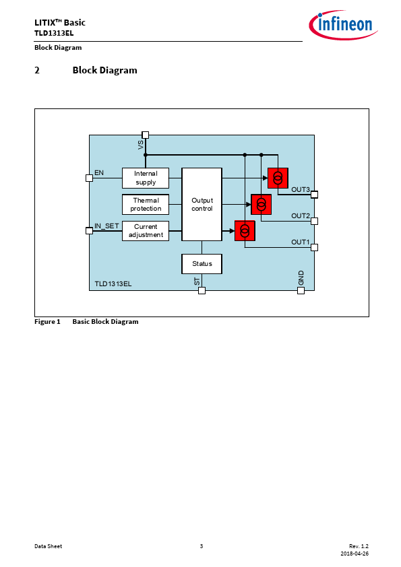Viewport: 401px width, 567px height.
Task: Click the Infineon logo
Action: [343, 25]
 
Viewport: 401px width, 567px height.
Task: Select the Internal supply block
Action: [146, 178]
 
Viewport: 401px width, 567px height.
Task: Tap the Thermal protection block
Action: [146, 204]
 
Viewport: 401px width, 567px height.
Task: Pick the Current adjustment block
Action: [146, 231]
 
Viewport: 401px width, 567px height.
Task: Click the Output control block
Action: [202, 204]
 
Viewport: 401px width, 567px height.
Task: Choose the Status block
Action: [202, 263]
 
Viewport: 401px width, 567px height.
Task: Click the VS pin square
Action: [146, 135]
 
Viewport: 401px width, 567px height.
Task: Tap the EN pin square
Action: [90, 178]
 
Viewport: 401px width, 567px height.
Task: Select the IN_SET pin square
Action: [90, 231]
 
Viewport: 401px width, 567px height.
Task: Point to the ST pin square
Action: [202, 290]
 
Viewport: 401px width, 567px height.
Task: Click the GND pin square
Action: [301, 290]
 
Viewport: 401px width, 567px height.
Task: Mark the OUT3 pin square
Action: [315, 195]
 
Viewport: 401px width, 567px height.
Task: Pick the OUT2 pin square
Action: [315, 221]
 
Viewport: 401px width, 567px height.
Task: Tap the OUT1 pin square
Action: [315, 247]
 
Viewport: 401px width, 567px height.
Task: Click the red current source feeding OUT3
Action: [278, 178]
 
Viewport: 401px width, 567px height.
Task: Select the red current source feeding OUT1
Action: [245, 231]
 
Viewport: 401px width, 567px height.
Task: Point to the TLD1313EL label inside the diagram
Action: [113, 284]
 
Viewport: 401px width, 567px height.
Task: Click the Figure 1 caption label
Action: [47, 321]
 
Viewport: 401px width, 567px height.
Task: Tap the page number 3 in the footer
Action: [202, 546]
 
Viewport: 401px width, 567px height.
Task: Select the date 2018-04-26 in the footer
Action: [354, 554]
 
